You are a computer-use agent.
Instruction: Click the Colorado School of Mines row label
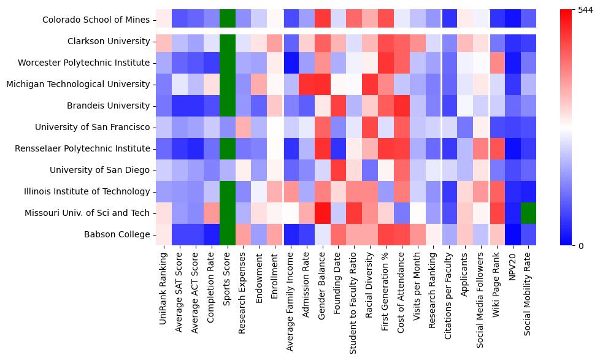click(x=96, y=20)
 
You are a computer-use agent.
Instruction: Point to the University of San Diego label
click(x=101, y=170)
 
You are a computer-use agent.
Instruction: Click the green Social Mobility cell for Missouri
click(x=529, y=213)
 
